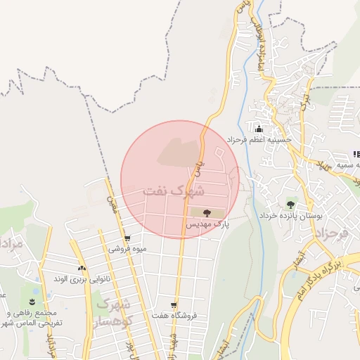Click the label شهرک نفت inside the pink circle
tap(174, 191)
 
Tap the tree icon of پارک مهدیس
tap(206, 212)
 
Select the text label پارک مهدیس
tap(207, 224)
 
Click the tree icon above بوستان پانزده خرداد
tap(290, 204)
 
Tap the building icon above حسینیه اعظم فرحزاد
tap(259, 129)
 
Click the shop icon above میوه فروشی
tap(127, 238)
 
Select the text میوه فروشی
tap(127, 249)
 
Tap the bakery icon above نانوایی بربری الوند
tap(82, 268)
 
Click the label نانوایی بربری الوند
tap(82, 279)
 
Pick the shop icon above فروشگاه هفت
tap(174, 305)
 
